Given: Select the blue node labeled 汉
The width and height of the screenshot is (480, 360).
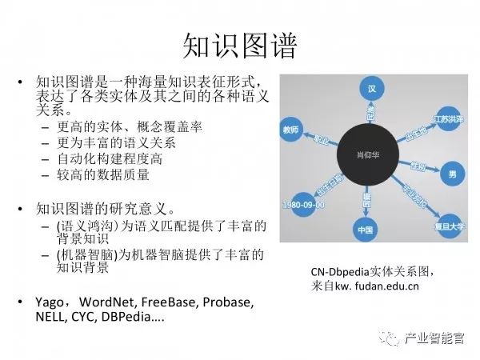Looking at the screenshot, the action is [x=370, y=87].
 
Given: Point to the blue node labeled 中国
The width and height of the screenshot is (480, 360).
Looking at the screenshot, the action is [x=366, y=231].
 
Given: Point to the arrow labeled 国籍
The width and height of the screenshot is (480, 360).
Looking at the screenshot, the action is [x=367, y=195].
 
